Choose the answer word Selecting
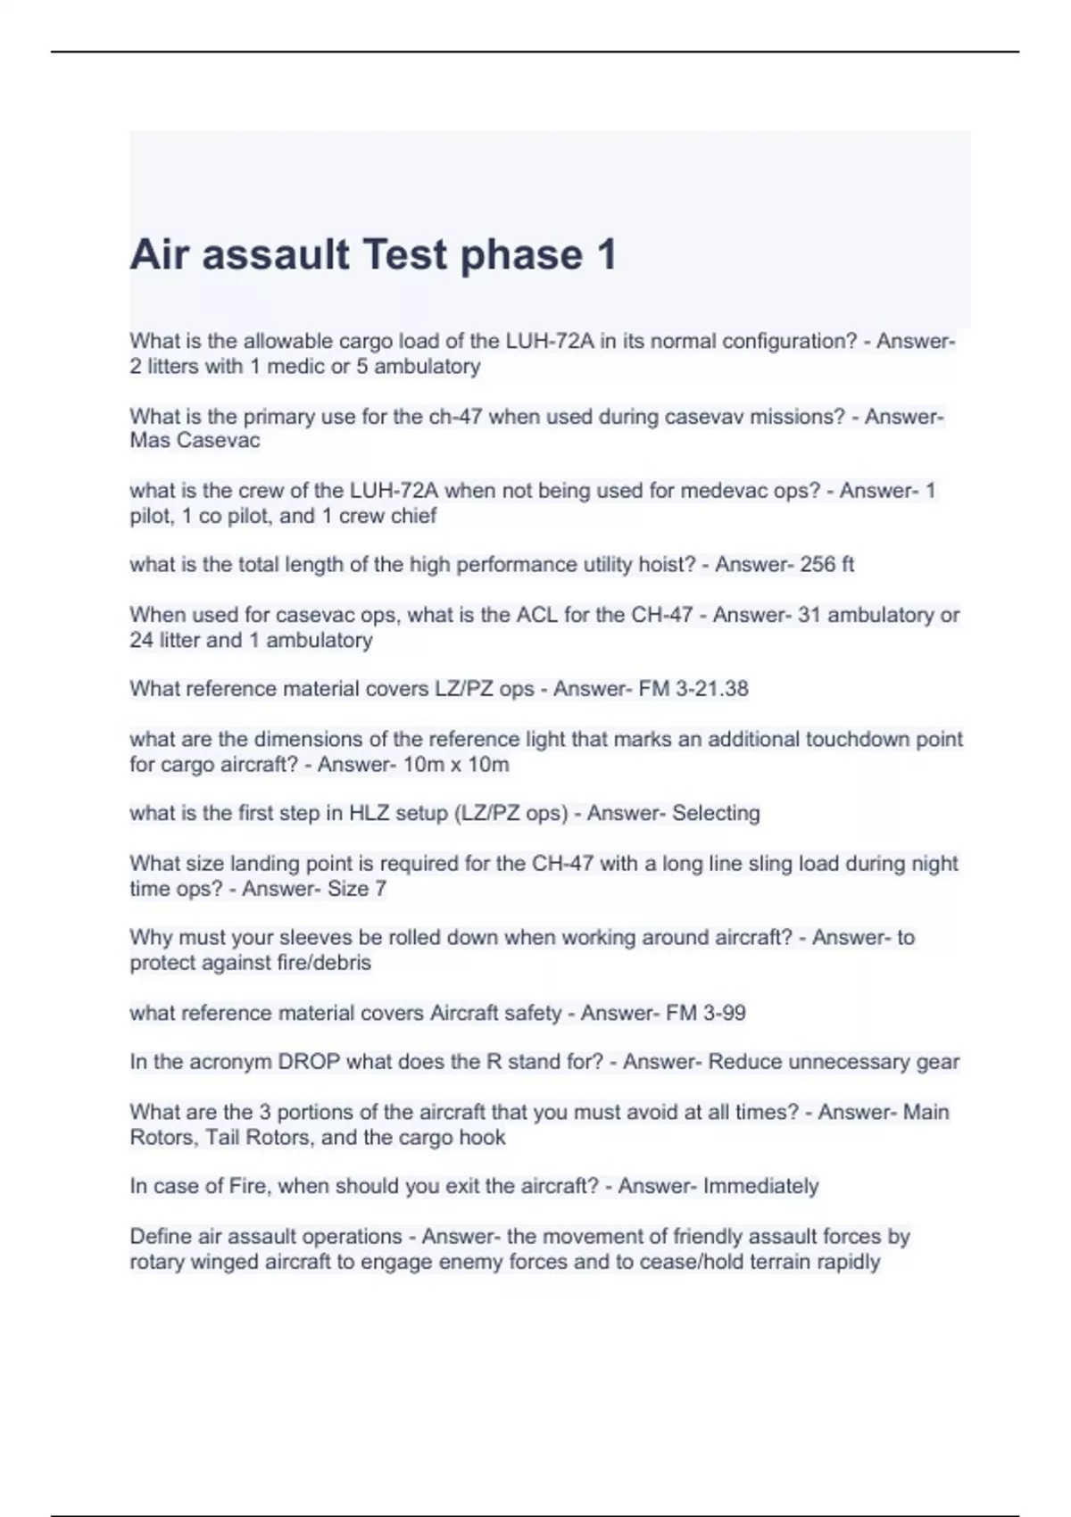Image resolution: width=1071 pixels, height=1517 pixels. pos(716,813)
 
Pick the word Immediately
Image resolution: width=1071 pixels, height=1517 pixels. pos(761,1186)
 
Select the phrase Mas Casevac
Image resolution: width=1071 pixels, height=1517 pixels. pos(195,441)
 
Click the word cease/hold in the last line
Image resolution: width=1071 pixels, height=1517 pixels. pos(683,1262)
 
